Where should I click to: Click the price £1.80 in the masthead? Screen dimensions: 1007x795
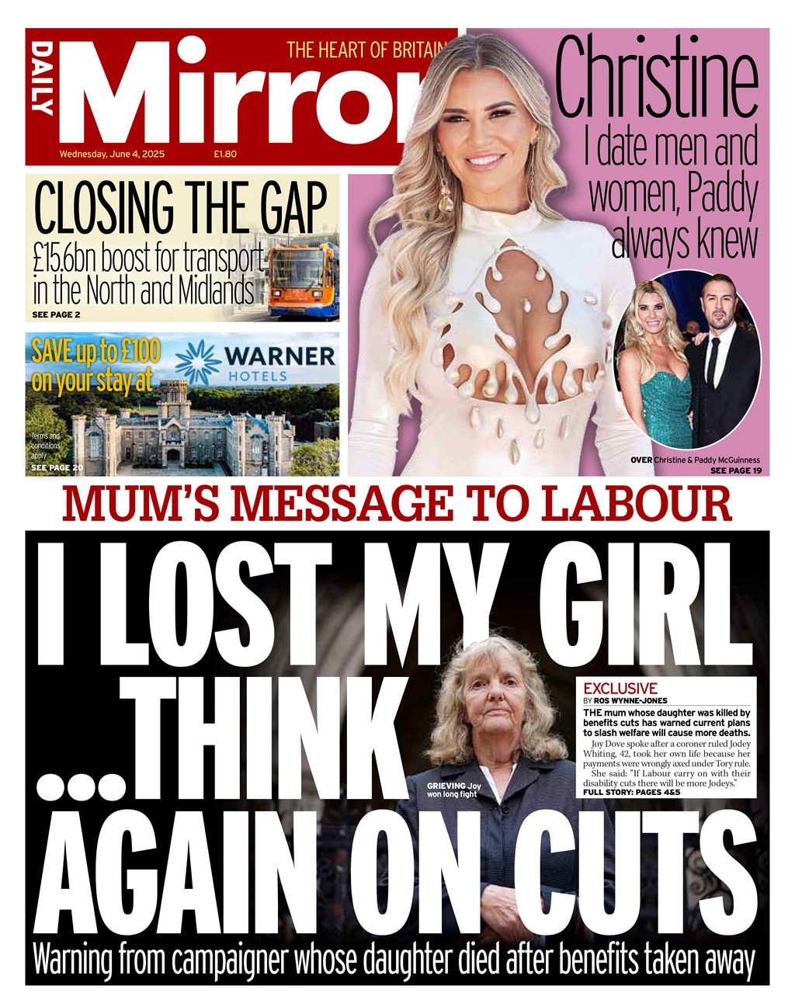[x=225, y=154]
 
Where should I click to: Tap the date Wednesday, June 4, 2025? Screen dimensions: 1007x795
[x=112, y=154]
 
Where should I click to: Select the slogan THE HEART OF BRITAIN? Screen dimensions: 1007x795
[x=368, y=50]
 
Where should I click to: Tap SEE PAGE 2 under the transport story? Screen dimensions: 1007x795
[x=56, y=314]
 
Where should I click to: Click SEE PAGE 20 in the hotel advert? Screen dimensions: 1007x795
[x=57, y=468]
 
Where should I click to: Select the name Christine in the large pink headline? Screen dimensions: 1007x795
[x=656, y=77]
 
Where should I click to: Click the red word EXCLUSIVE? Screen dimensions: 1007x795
[x=620, y=689]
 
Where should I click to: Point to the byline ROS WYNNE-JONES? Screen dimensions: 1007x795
[x=630, y=701]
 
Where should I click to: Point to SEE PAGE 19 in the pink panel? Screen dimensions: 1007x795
[x=735, y=471]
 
